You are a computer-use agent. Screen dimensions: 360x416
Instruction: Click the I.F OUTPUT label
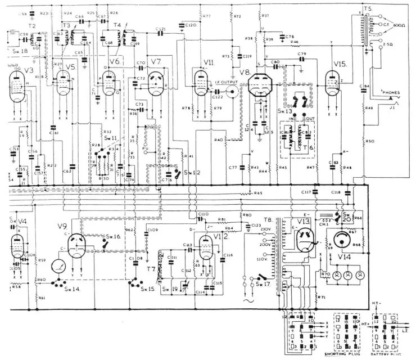point(227,83)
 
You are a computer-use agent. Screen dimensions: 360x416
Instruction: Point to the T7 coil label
point(151,268)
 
